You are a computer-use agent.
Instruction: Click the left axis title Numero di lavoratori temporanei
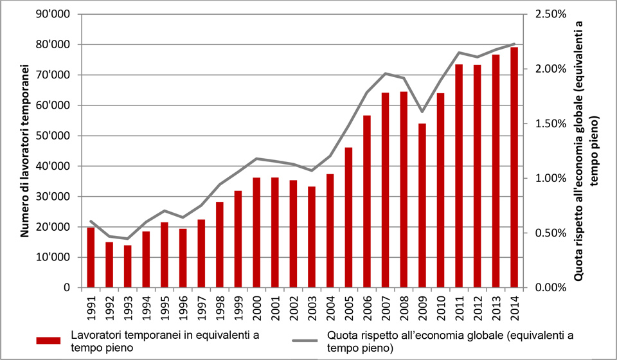[x=24, y=151]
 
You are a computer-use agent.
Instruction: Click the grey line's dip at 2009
[x=422, y=112]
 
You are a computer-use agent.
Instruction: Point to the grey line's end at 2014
[x=514, y=44]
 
